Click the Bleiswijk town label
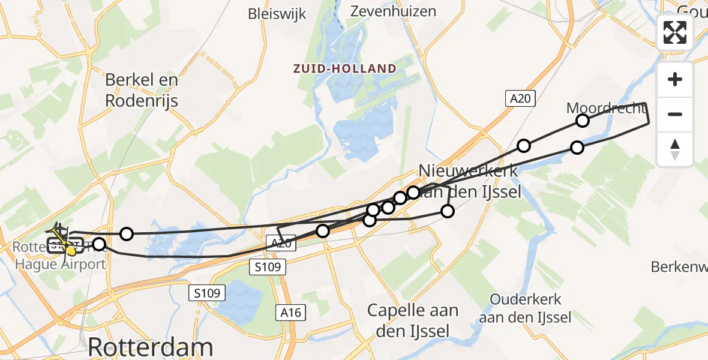(x=277, y=14)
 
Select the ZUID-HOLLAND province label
(x=345, y=68)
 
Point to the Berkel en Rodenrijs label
(x=142, y=90)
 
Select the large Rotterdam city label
(x=150, y=347)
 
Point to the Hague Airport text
(x=60, y=264)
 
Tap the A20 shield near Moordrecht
(x=520, y=98)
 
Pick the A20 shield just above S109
(x=280, y=242)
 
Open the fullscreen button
(x=675, y=32)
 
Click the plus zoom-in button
(x=675, y=79)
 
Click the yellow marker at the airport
(x=71, y=251)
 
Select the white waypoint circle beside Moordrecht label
(x=582, y=121)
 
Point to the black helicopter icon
(x=58, y=231)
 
